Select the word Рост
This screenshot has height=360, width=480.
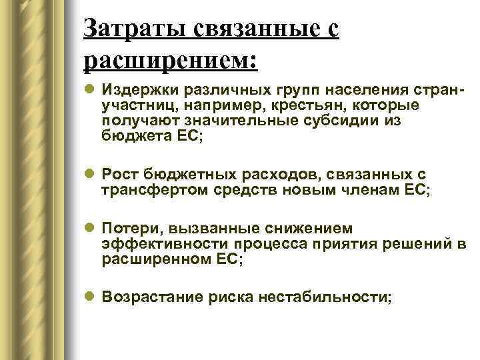click(x=119, y=174)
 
